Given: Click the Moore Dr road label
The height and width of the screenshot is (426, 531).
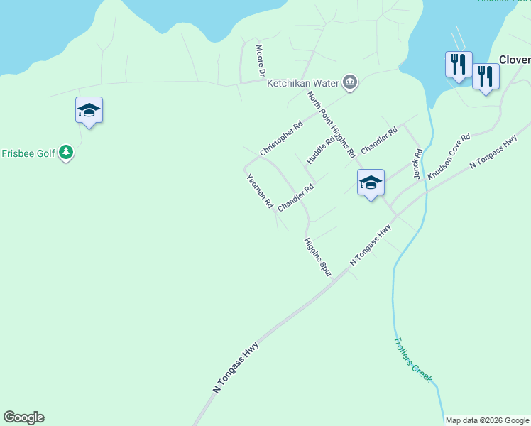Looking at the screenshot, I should point(260,60).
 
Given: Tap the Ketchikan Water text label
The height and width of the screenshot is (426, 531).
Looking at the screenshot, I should point(303,83).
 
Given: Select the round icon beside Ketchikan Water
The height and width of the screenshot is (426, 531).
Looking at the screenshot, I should point(349,83).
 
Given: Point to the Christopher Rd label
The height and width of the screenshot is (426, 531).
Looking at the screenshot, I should point(281,138).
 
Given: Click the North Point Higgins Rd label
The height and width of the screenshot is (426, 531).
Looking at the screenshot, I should point(331,124).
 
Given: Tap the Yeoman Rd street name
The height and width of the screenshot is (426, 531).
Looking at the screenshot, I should point(259,191).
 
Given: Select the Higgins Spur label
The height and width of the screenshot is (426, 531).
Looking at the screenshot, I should point(318,256).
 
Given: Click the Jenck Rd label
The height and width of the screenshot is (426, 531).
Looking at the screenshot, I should point(418,163).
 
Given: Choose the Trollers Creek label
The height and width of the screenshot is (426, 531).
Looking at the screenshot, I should point(412,359).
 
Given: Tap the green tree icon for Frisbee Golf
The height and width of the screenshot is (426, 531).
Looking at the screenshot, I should point(66,153).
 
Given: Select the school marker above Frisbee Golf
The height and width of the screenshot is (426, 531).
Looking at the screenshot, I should point(89,111).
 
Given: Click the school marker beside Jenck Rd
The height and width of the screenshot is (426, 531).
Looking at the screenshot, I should point(371,183).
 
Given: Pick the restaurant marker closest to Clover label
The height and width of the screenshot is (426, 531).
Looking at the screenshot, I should point(486,76).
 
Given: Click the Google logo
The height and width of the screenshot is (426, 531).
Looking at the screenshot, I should point(23,417).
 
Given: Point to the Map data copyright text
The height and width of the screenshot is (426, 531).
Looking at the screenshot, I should point(487,420).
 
